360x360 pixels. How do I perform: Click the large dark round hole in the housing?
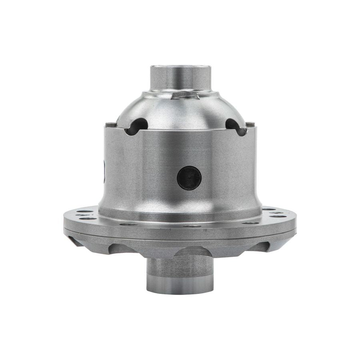[188, 177]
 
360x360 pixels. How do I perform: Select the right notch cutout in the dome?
[234, 125]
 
